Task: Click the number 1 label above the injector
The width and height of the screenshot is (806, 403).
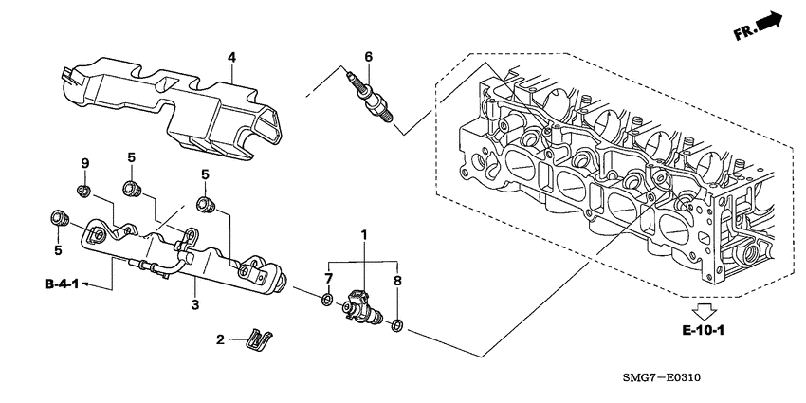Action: coord(361,233)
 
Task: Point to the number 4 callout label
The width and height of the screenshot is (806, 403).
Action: coord(230,58)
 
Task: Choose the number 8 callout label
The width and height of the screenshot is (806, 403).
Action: coord(396,281)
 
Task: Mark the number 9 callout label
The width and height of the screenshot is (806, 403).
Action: coord(84,164)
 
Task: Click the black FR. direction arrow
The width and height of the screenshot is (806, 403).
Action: coord(770,20)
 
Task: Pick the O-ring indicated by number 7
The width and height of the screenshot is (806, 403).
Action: coord(327,302)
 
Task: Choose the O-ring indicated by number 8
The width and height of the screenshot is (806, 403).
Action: coord(397,327)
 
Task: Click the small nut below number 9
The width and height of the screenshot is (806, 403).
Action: coord(83,193)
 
